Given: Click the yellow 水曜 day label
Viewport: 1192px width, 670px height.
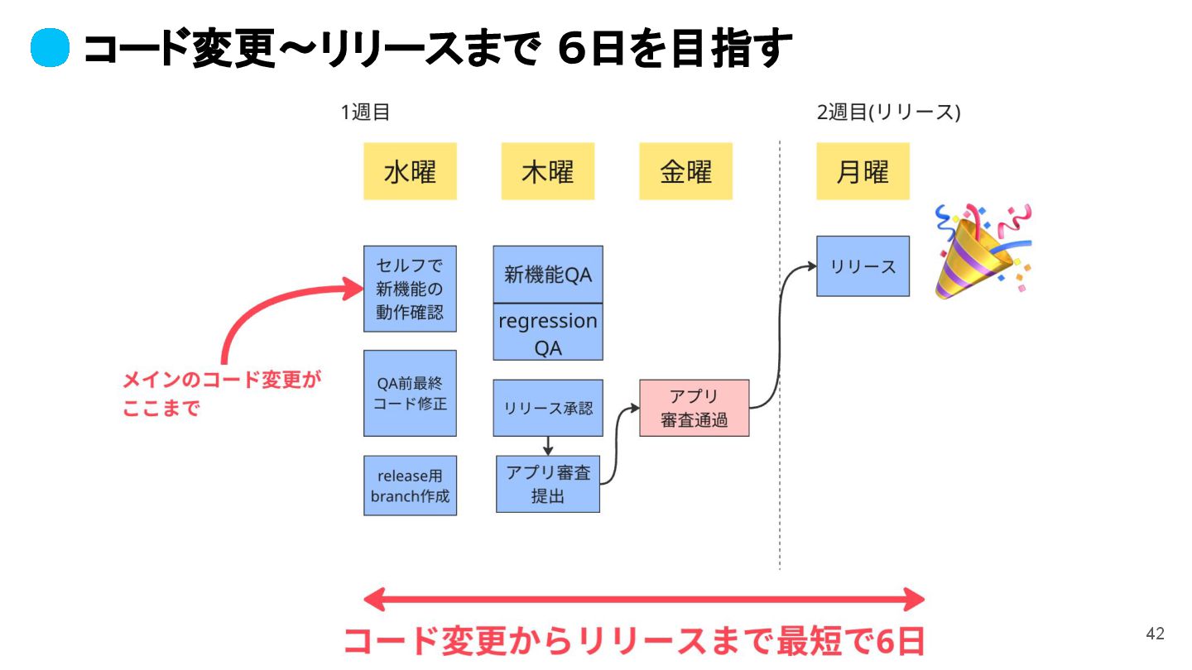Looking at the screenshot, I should click(410, 171).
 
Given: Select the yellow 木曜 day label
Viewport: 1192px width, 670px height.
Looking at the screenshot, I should click(547, 171).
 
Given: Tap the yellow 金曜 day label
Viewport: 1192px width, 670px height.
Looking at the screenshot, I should click(685, 171).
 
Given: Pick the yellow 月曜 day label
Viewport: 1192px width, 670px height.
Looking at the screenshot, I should click(863, 171).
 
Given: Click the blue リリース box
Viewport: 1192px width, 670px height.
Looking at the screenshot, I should click(863, 266).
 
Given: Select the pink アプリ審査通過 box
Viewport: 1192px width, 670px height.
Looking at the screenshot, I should click(694, 408).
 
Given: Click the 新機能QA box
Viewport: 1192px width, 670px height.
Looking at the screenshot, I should click(548, 275).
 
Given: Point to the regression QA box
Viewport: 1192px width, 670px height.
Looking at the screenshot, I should click(548, 333).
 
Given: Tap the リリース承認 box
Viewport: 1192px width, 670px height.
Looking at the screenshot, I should click(548, 408).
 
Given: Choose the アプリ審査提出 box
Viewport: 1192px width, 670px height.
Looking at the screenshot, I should click(548, 484).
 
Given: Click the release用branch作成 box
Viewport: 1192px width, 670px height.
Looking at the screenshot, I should click(410, 486).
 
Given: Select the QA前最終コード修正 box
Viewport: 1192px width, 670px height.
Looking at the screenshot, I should click(410, 393).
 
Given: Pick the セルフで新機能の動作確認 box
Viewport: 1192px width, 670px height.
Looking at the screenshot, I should click(410, 289).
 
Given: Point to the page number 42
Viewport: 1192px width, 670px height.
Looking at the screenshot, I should click(1155, 634).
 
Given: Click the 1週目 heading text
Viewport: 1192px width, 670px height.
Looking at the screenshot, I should click(365, 112).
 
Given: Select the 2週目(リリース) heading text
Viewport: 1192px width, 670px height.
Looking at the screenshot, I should click(888, 112).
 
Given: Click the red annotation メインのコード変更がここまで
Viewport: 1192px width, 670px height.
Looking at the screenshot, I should click(221, 394).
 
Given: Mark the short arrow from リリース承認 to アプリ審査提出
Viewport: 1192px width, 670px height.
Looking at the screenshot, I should click(548, 446).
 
